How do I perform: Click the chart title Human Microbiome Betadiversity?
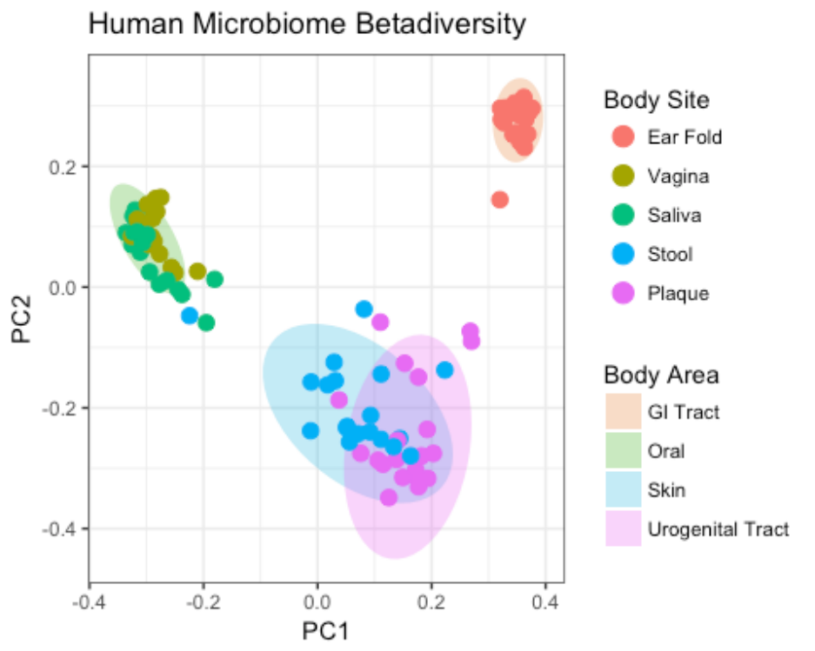pyautogui.click(x=307, y=25)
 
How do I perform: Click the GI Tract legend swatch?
pyautogui.click(x=623, y=412)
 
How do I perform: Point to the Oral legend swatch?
pyautogui.click(x=623, y=451)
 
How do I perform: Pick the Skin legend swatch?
pyautogui.click(x=623, y=490)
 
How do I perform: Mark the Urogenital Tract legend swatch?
pyautogui.click(x=623, y=529)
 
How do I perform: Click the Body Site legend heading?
pyautogui.click(x=656, y=101)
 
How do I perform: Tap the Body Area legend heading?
pyautogui.click(x=661, y=375)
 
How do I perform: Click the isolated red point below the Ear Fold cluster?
pyautogui.click(x=499, y=199)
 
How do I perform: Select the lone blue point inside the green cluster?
pyautogui.click(x=190, y=316)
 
